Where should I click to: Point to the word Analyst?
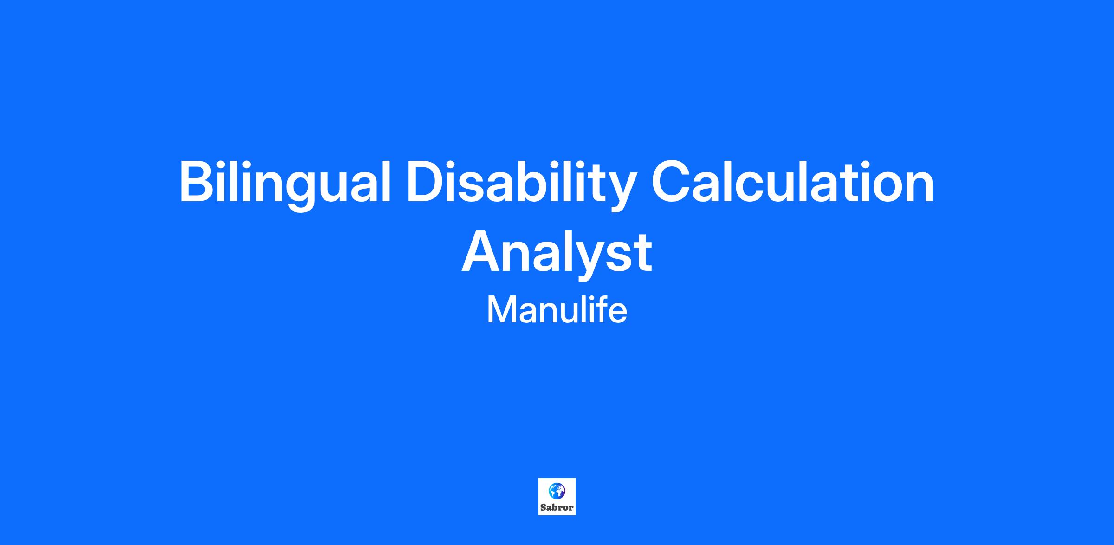(x=557, y=254)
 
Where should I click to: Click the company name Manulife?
(x=557, y=310)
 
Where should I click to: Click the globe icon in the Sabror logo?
(x=557, y=491)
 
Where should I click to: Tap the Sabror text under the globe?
(x=557, y=507)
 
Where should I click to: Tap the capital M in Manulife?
(x=500, y=310)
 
